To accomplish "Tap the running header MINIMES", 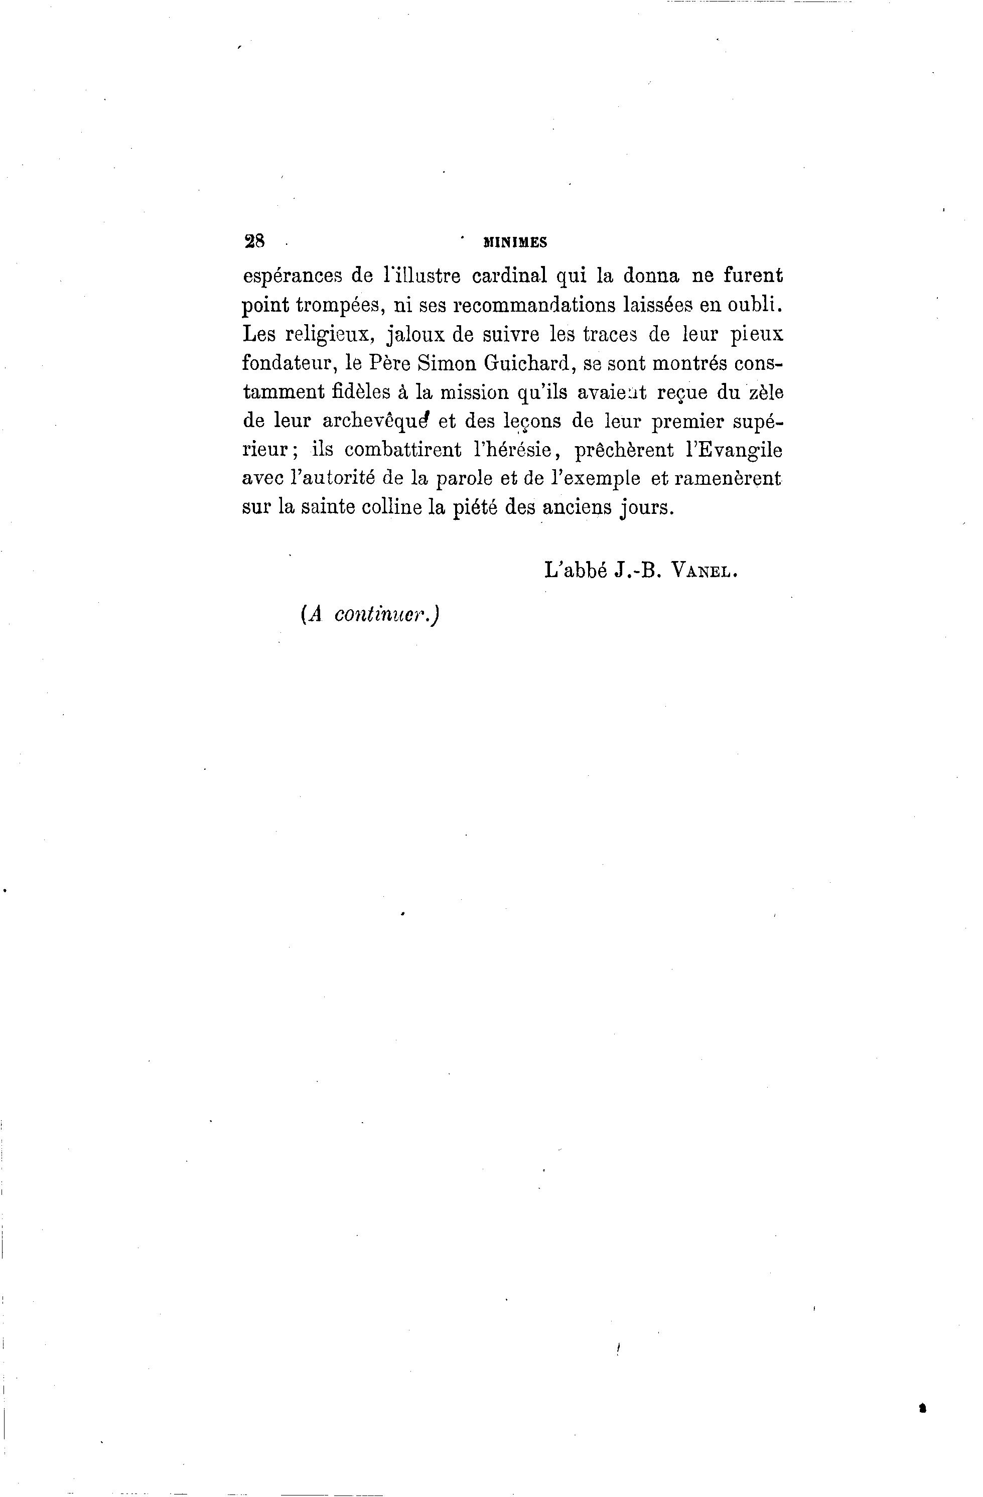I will click(514, 242).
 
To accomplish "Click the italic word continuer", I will click(384, 615).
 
